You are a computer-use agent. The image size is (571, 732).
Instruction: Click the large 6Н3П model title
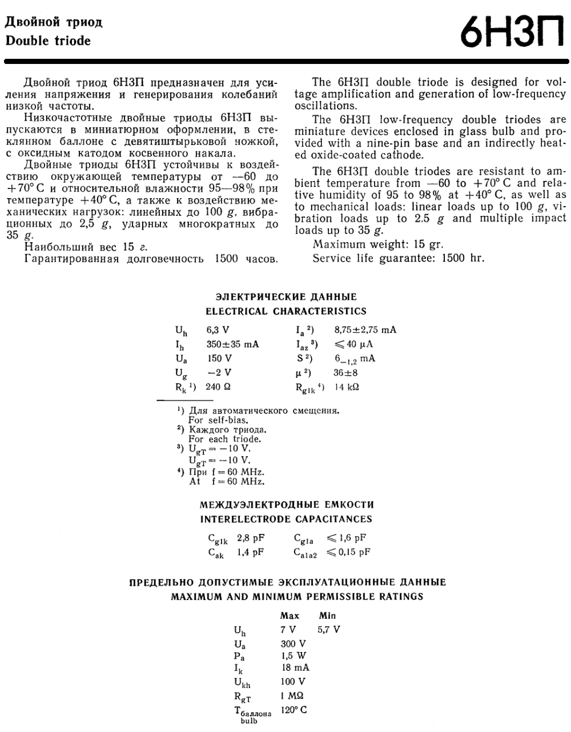513,35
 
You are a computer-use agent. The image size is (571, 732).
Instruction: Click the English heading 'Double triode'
48,41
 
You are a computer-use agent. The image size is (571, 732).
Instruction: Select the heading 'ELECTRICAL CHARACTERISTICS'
285,311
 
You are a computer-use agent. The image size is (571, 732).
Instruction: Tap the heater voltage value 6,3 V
218,329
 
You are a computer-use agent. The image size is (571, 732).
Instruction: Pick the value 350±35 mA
232,344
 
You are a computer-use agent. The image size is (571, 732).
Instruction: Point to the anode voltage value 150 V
219,358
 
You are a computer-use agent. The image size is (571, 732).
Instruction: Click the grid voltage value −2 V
219,372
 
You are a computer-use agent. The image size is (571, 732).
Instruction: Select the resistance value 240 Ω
218,387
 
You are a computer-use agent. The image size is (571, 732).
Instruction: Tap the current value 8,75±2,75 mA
365,329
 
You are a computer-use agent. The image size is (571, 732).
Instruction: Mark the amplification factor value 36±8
346,372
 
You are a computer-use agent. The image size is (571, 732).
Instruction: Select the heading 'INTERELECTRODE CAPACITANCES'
285,519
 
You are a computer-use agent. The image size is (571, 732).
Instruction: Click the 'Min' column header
327,616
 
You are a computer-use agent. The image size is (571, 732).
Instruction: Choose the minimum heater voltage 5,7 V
328,629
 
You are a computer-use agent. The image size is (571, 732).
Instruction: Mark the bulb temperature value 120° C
293,710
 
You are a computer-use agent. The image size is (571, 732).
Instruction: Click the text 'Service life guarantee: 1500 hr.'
398,258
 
